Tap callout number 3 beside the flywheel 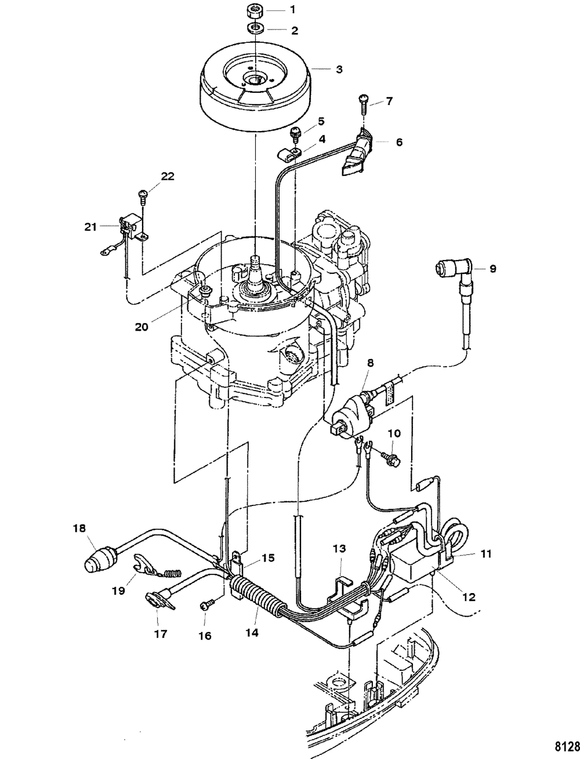tap(339, 69)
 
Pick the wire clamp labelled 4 tap(290, 153)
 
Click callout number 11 tap(486, 554)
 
